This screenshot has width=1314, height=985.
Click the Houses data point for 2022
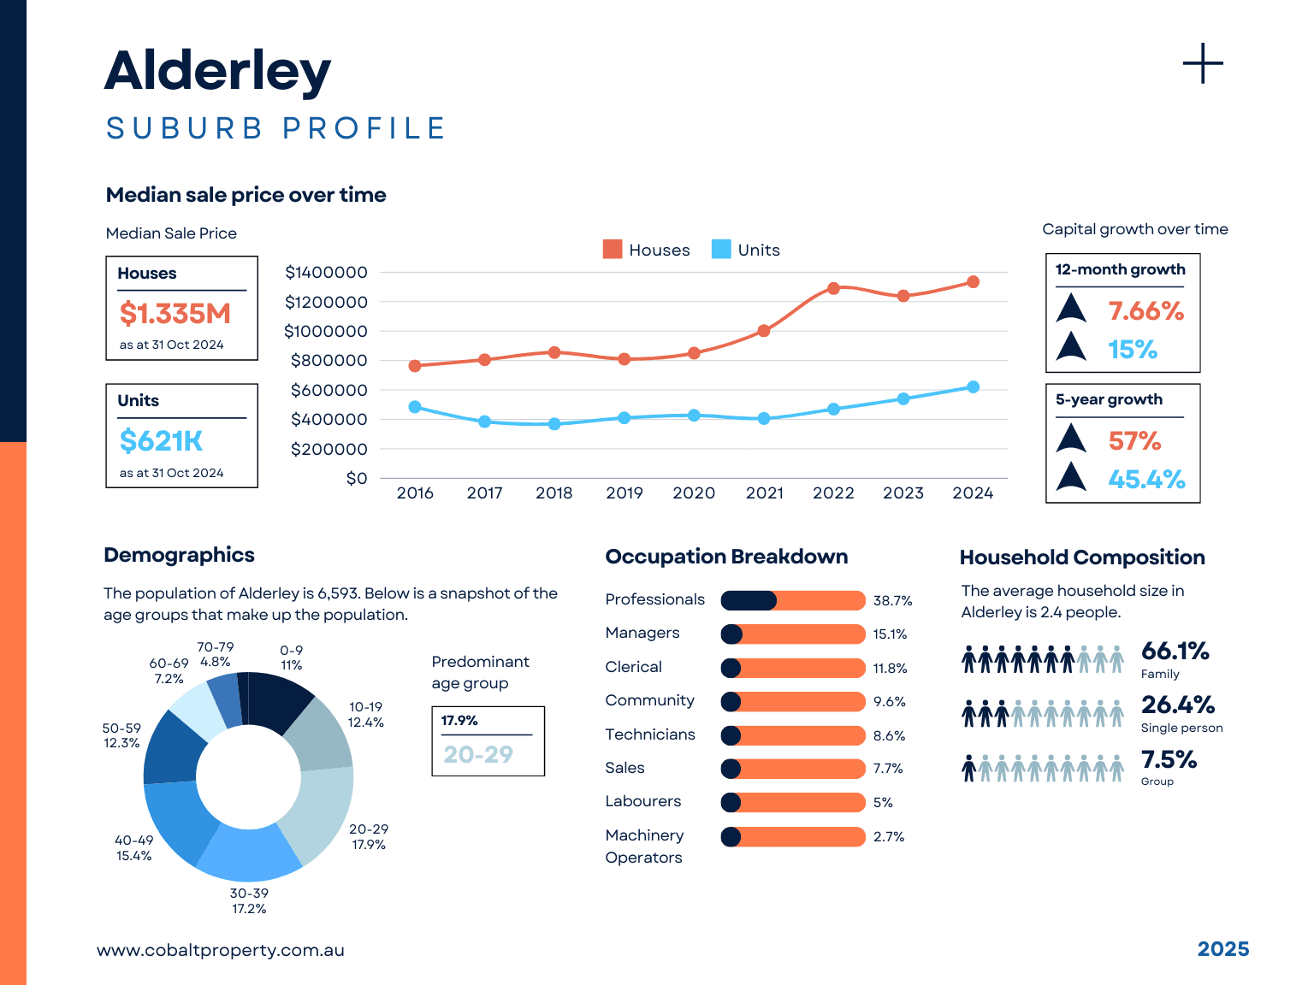point(833,288)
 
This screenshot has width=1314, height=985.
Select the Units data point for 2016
point(415,407)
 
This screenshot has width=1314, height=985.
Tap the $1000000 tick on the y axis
point(326,331)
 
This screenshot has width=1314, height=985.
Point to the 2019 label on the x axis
point(624,493)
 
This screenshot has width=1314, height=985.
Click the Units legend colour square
point(721,249)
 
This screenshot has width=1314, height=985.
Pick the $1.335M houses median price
point(175,314)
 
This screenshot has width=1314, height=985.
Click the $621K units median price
point(162,441)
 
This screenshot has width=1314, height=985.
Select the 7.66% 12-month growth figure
point(1145,310)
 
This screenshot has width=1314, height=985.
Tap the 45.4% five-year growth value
point(1146,479)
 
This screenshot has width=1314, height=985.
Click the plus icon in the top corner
point(1203,64)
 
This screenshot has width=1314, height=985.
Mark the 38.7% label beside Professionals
point(892,601)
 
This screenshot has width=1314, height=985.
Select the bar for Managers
point(793,634)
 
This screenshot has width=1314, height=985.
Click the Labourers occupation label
point(643,801)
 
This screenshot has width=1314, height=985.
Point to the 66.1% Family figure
point(1175,652)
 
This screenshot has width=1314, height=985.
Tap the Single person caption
point(1181,728)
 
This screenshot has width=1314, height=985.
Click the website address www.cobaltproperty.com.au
point(221,950)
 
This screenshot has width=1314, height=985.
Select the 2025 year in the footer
point(1222,949)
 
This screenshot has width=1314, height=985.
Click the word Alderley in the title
point(217,70)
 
